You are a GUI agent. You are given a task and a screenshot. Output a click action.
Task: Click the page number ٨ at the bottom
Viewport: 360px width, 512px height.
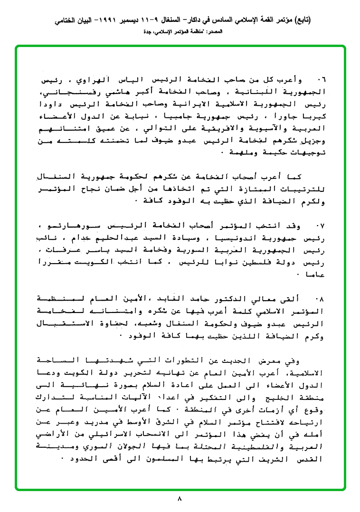[180, 499]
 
